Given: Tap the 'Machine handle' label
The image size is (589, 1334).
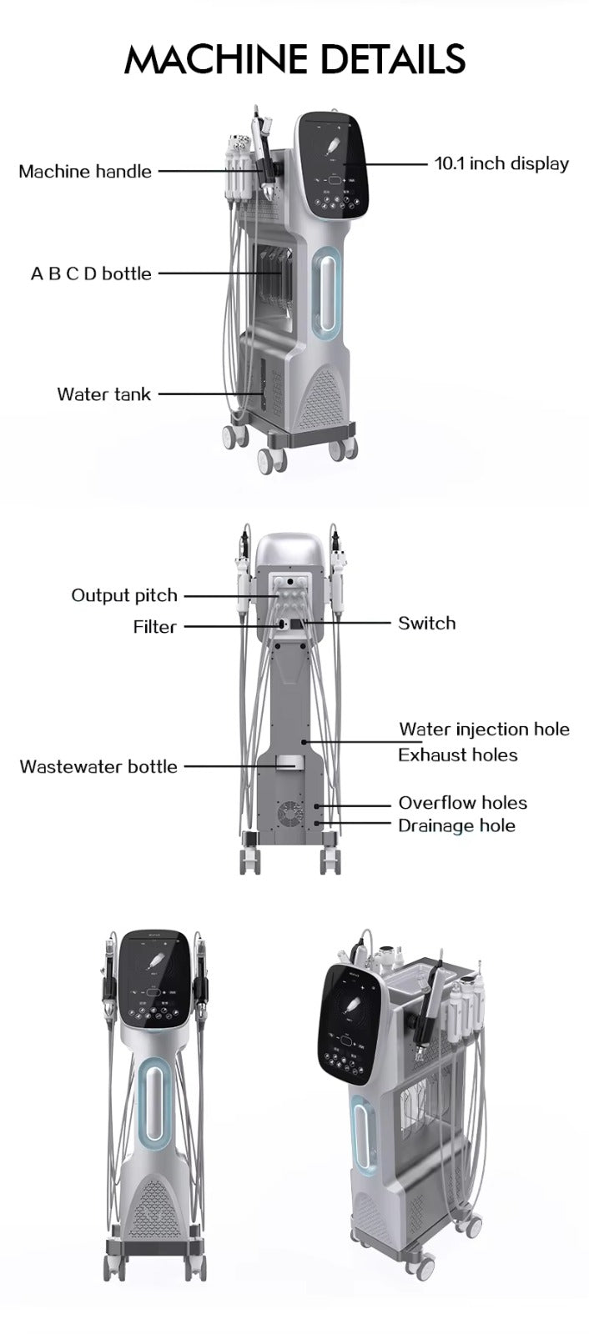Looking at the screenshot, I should [x=85, y=172].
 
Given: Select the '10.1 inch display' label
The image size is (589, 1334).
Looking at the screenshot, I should [x=501, y=163].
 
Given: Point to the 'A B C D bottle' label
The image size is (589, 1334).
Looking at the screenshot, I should [x=91, y=273].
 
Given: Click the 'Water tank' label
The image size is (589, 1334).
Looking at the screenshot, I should [x=103, y=394].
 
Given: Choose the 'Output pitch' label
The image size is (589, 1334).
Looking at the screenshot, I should [x=124, y=595].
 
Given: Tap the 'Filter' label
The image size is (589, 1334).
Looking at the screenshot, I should [x=154, y=626].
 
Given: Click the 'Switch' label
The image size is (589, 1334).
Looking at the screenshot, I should [x=426, y=623].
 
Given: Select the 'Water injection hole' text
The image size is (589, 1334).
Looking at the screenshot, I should [x=484, y=730].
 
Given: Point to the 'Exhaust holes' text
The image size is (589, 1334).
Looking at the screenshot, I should [x=457, y=755].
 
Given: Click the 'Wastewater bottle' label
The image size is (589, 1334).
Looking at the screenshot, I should [x=98, y=766].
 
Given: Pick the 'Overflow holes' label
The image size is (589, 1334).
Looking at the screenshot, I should [x=462, y=803].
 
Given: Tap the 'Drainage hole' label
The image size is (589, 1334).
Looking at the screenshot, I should [x=456, y=825].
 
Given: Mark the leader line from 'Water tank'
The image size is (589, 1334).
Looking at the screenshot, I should [x=209, y=394].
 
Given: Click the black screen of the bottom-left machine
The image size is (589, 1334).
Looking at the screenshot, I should [x=155, y=980].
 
